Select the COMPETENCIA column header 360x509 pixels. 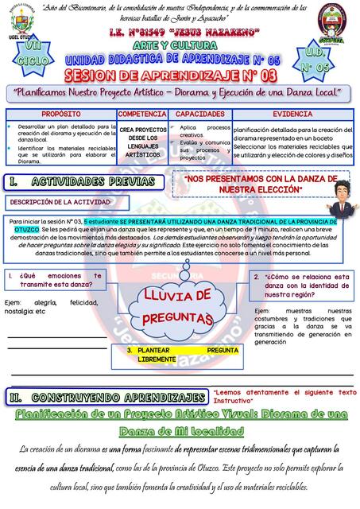141,115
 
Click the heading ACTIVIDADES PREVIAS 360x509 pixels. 83,182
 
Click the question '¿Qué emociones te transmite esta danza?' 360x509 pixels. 60,281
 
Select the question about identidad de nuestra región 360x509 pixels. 302,284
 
